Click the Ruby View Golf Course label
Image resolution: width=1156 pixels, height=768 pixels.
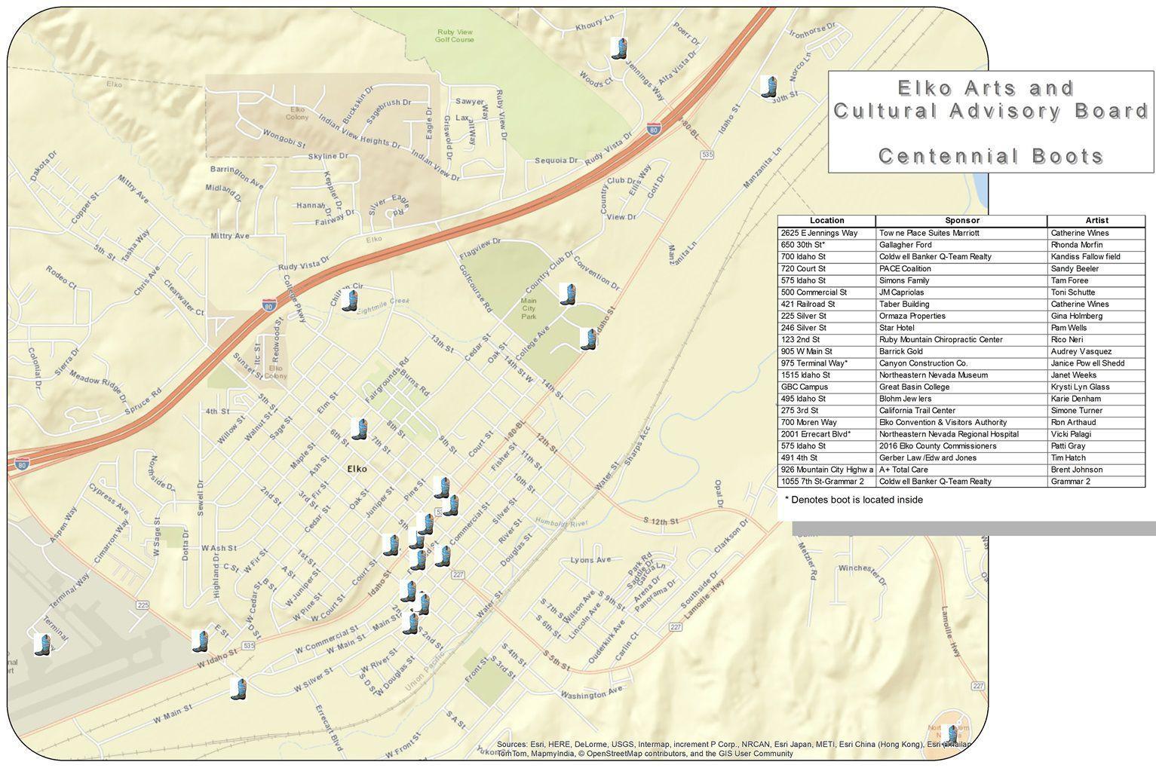pos(454,35)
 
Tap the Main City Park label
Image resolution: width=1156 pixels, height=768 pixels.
pos(529,308)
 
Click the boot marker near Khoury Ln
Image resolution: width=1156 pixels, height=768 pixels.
pos(619,48)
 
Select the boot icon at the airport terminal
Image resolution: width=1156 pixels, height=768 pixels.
pos(43,644)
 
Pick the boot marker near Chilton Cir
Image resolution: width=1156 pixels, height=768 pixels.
pos(348,301)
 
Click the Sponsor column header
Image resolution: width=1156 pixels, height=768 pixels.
pos(961,221)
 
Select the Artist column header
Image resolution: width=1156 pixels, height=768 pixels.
pos(1096,221)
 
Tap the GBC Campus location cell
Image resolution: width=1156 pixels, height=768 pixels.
pos(805,387)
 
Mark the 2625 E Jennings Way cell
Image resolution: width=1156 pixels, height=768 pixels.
pos(819,233)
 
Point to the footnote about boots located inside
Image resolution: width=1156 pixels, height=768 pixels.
pos(854,500)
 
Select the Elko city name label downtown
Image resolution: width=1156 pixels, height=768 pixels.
pos(357,469)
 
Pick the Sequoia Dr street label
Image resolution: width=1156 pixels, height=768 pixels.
pos(556,161)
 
